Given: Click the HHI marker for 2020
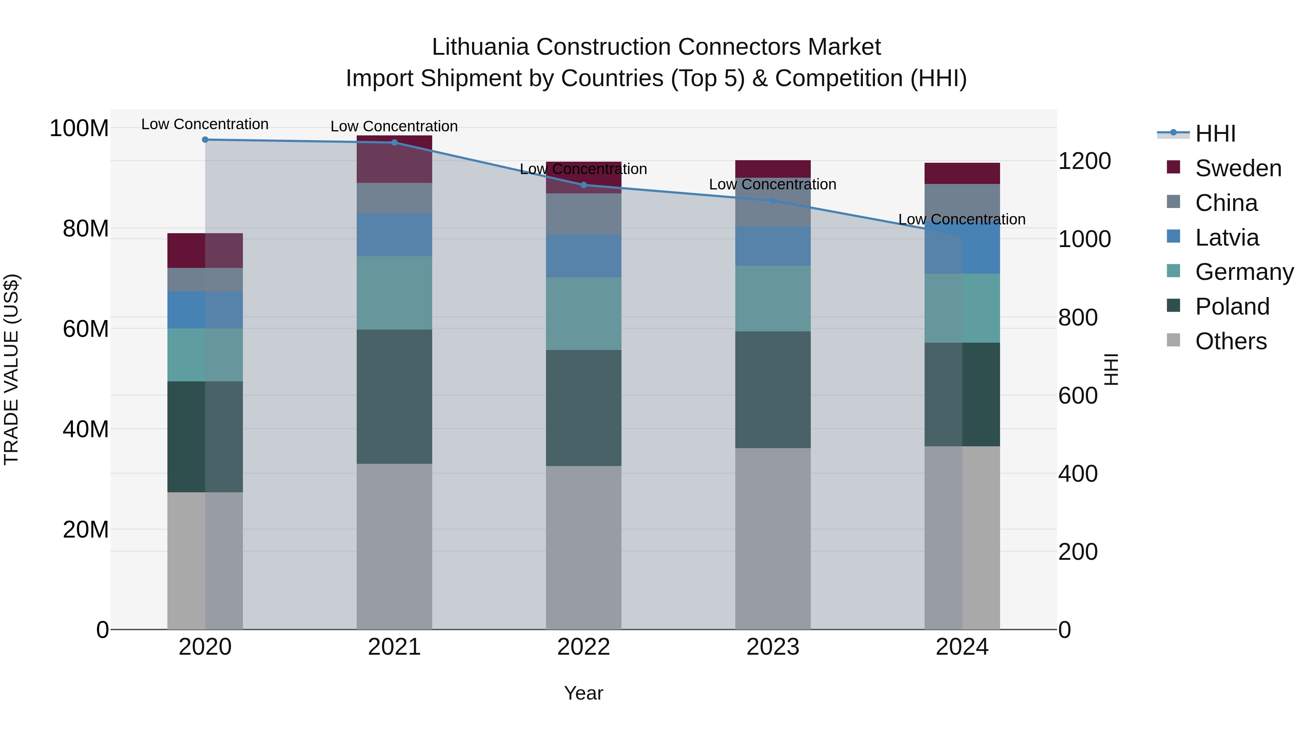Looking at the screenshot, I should (x=205, y=140).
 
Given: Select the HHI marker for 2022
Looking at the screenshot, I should (x=584, y=185).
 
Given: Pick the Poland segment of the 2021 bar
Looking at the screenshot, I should (x=394, y=396).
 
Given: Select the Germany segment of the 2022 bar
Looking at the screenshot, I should (x=584, y=313).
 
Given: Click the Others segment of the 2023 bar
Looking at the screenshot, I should (x=773, y=538).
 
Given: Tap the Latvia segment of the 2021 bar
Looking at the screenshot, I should (x=394, y=235).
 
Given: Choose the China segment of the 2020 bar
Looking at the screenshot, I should (x=205, y=280).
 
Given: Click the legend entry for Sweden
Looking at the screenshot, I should (x=1238, y=168).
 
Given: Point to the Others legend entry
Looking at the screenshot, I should (x=1231, y=341).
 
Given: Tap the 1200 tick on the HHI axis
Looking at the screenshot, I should (x=1085, y=161).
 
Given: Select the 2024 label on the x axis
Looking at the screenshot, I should (x=962, y=647).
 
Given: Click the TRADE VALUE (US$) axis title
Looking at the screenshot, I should (x=11, y=369).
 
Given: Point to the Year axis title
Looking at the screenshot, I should (x=583, y=693).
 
